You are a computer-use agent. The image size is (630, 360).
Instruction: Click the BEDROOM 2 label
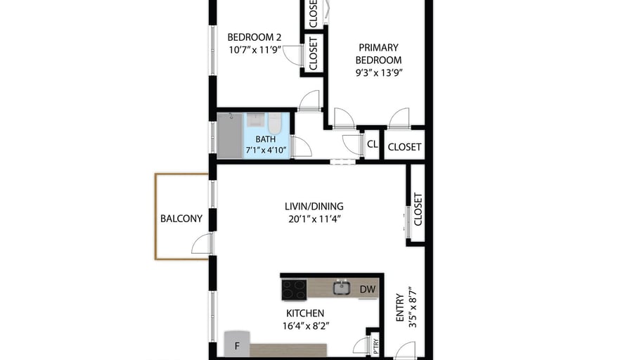(x=255, y=37)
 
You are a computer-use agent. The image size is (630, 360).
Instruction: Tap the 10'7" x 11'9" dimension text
(x=255, y=50)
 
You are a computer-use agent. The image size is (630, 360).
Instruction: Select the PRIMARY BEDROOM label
(x=378, y=54)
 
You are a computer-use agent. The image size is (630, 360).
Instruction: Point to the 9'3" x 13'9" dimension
(x=379, y=72)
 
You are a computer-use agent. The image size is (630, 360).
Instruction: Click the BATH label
(x=266, y=139)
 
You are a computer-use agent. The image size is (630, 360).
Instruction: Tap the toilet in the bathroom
(x=275, y=123)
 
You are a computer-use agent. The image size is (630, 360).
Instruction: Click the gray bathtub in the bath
(x=230, y=136)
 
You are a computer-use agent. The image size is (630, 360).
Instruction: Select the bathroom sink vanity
(x=255, y=120)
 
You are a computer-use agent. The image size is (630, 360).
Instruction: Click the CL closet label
(x=373, y=144)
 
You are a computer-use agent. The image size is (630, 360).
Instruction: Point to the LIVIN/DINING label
(x=314, y=207)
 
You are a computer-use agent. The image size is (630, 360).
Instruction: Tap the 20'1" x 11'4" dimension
(x=314, y=219)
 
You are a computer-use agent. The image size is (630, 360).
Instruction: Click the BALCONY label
(x=181, y=219)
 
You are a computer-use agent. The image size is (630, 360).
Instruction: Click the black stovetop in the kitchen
(x=294, y=290)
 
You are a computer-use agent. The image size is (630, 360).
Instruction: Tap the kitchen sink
(x=342, y=288)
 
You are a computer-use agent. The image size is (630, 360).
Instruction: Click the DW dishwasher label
(x=368, y=289)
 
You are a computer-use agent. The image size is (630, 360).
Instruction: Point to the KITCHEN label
(x=305, y=314)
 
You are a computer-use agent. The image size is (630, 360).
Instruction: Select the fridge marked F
(x=237, y=344)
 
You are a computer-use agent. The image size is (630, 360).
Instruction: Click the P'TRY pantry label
(x=375, y=346)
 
